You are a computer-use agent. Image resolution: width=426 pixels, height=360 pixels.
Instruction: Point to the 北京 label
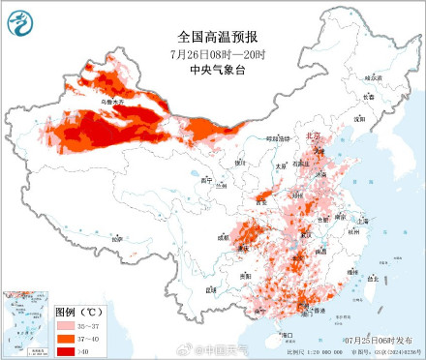click(x=312, y=137)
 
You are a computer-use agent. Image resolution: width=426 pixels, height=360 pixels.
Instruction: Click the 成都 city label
click(x=224, y=234)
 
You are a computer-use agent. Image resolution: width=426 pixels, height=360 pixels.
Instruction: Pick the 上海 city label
click(x=363, y=221)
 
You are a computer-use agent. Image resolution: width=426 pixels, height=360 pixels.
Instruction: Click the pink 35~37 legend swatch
click(x=66, y=327)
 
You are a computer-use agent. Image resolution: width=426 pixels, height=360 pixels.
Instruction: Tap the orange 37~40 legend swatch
click(x=66, y=339)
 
